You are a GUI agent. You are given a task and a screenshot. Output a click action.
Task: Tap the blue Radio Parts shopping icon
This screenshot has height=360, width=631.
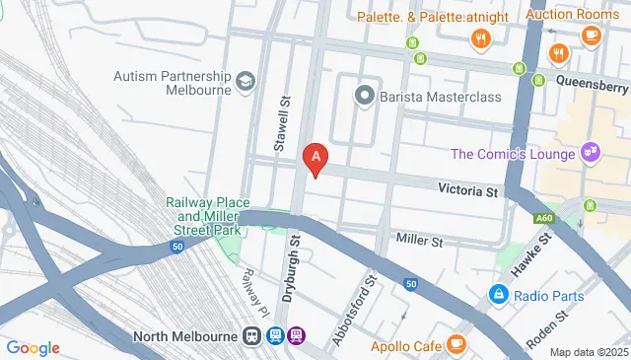coord(500,295)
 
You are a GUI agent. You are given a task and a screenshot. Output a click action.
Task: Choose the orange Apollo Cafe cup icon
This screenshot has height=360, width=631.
coord(456,344)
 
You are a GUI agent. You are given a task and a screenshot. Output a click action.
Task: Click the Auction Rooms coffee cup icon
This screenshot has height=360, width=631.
coord(591,36)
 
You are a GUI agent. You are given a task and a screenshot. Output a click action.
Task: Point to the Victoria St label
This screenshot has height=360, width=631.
coord(469,188)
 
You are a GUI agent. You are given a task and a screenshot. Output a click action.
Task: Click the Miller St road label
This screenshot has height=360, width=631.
coord(419,241)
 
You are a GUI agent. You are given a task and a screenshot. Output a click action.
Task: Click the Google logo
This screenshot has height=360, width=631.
coord(33,347)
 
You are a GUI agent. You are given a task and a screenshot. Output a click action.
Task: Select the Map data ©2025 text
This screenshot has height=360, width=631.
coord(588,352)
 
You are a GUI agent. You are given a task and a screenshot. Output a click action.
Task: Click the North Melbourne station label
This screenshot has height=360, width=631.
coord(185,335)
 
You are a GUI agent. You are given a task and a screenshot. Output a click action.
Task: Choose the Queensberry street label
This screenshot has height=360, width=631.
coord(592,83)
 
